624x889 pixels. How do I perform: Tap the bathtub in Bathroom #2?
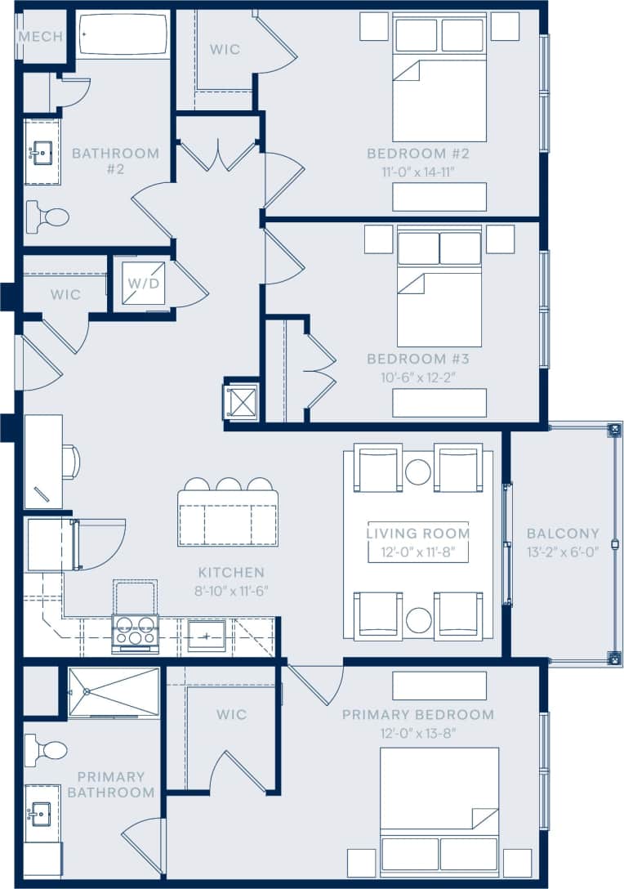click(123, 35)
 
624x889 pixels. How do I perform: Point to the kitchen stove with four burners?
click(135, 632)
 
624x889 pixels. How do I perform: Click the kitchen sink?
click(207, 635)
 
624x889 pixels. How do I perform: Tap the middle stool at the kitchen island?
click(228, 485)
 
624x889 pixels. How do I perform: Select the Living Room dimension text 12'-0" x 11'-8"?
click(417, 552)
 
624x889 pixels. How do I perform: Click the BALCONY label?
click(563, 534)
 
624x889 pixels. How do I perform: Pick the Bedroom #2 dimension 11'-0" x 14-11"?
click(417, 172)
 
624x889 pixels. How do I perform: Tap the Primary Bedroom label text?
click(417, 715)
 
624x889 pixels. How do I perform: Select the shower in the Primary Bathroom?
click(114, 692)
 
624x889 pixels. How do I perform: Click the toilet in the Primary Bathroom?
click(48, 750)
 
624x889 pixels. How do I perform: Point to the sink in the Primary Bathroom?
click(40, 814)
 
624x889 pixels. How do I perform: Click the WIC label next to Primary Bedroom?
click(231, 715)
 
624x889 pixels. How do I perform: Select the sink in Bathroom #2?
click(41, 152)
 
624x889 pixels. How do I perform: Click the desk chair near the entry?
click(70, 462)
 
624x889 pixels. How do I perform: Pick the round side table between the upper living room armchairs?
click(418, 471)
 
